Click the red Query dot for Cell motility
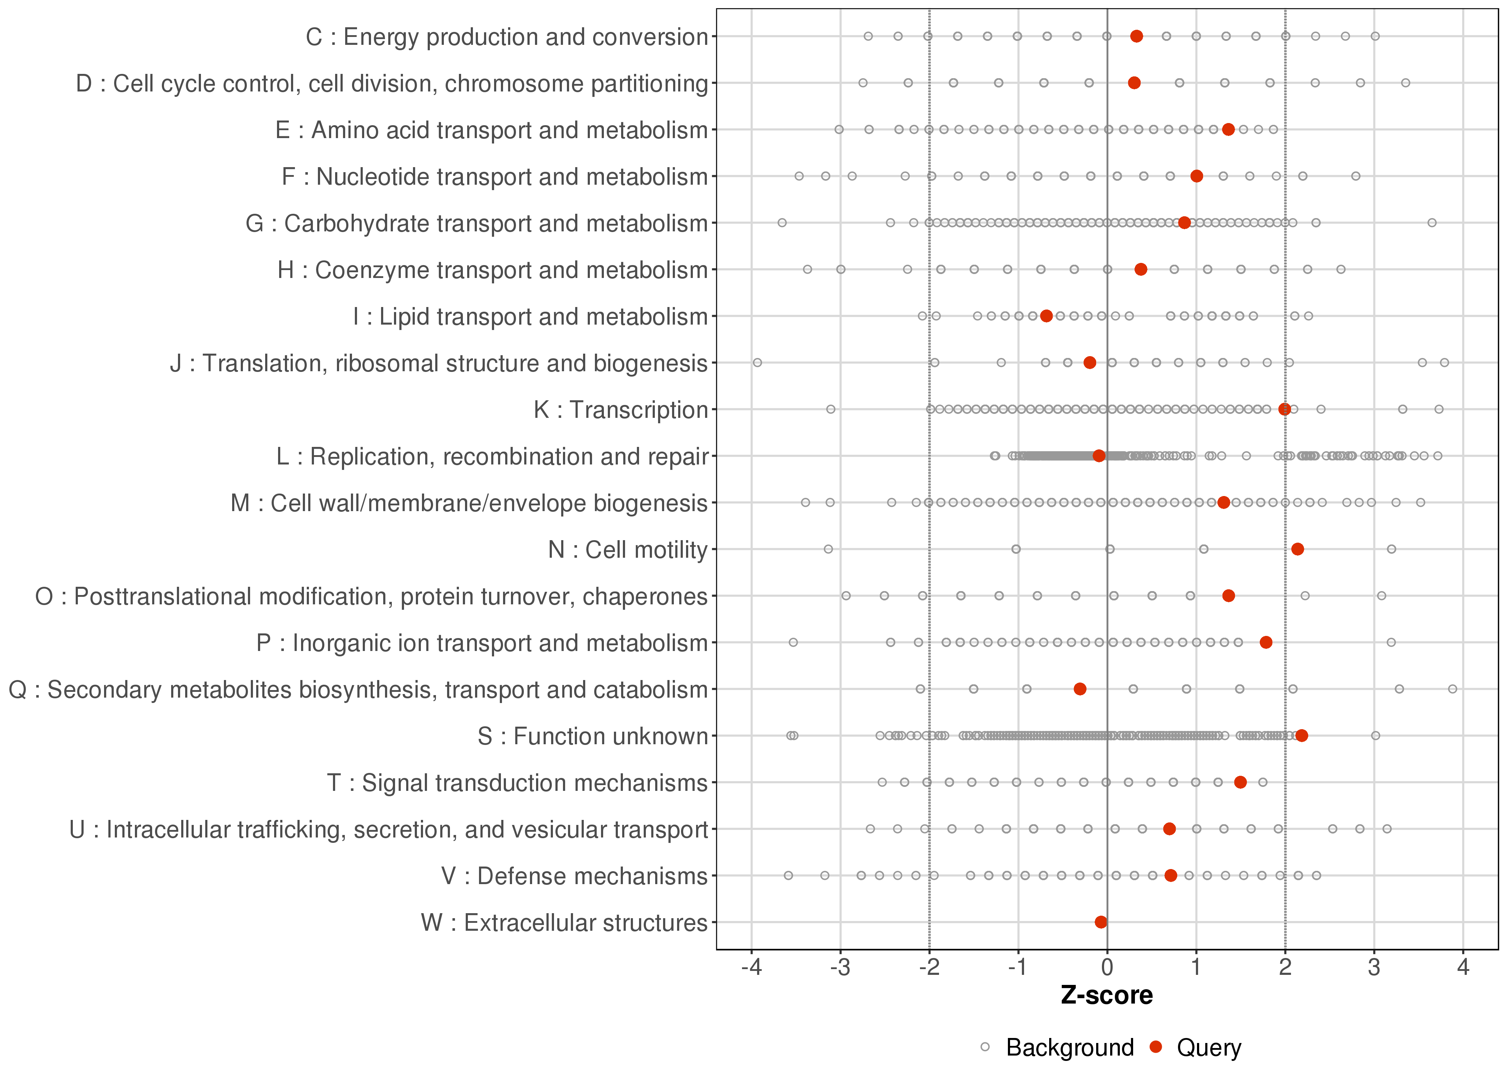click(1297, 549)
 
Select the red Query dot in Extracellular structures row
click(1101, 922)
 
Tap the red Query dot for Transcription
click(1284, 410)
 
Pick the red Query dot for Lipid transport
click(1046, 316)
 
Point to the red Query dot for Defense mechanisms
click(1170, 876)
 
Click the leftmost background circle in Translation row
click(757, 362)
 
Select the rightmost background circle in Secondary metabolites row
click(1453, 689)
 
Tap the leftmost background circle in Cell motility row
click(828, 549)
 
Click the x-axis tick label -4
click(751, 968)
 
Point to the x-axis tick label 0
click(1107, 968)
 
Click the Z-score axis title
click(1107, 996)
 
